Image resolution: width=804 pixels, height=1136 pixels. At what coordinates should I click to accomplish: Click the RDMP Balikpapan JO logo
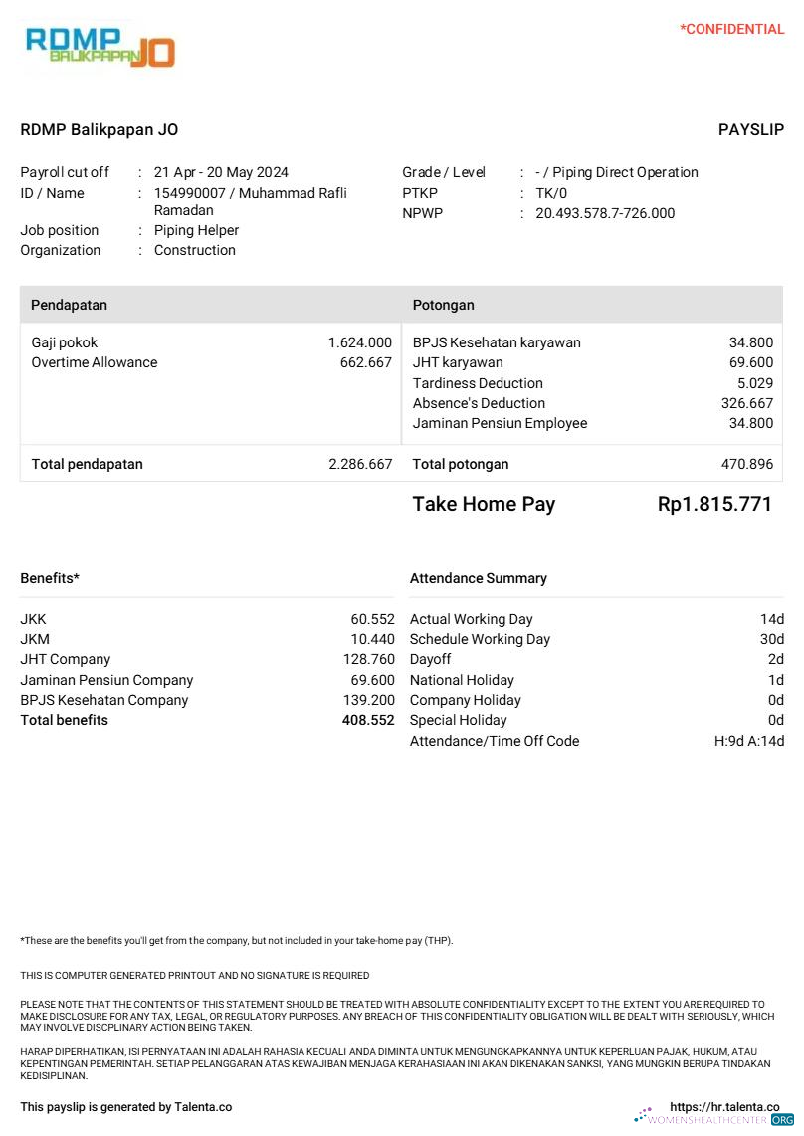pos(100,46)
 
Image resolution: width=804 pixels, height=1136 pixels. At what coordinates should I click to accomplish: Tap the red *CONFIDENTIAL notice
pos(731,29)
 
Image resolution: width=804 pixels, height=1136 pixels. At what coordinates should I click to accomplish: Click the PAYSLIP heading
pos(750,130)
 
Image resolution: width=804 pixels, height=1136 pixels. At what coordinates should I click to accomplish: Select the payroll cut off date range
pos(221,172)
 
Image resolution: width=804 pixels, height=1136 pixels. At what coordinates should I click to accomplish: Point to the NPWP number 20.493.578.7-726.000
pos(605,213)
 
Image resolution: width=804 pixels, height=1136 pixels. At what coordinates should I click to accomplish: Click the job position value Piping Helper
pos(196,230)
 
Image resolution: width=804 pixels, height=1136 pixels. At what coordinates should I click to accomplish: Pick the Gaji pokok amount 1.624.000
pos(360,342)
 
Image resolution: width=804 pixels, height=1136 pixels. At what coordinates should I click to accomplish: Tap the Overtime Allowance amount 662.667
pos(366,362)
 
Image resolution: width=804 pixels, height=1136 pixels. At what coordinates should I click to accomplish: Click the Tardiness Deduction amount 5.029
pos(755,383)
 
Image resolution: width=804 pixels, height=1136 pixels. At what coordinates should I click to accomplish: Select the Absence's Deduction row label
pos(479,403)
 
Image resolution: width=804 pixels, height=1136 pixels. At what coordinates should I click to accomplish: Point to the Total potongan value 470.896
pos(747,464)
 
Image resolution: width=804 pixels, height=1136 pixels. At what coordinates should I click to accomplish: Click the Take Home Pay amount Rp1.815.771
pos(714,504)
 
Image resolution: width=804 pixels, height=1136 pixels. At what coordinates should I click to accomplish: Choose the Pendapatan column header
pos(69,305)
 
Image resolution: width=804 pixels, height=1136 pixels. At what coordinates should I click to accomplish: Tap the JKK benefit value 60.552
pos(372,619)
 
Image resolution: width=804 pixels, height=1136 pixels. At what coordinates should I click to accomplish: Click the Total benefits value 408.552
pos(368,720)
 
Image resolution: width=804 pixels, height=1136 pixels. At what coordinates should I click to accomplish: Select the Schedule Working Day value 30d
pos(772,639)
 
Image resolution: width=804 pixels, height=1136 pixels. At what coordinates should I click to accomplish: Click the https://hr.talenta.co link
pos(724,1107)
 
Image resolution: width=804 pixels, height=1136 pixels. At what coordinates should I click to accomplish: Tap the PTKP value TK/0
pos(551,193)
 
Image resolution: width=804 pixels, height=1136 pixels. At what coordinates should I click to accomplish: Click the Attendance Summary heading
pos(479,578)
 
